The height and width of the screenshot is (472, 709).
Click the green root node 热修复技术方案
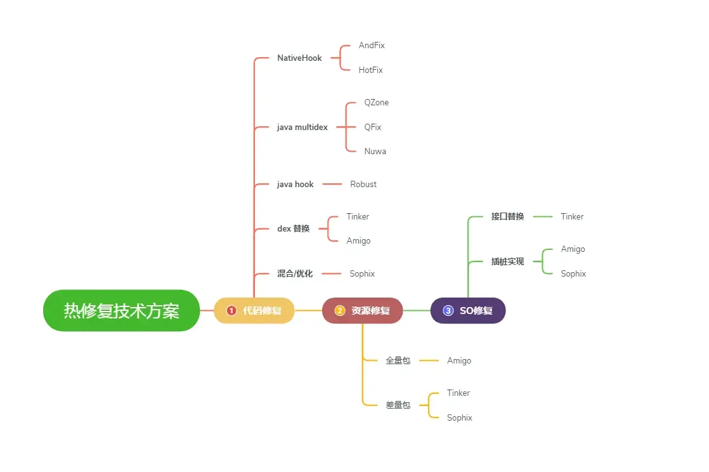coord(121,311)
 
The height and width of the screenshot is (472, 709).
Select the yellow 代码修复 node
coord(254,311)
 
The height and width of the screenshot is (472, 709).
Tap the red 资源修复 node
coord(362,311)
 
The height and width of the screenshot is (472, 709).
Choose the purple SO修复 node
coord(468,311)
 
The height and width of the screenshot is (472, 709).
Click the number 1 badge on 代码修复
coord(231,311)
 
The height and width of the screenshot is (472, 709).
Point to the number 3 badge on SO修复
coord(448,311)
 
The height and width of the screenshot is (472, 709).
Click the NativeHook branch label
coord(299,58)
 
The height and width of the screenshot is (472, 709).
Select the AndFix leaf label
coord(372,46)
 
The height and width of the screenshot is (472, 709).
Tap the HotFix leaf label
coord(370,70)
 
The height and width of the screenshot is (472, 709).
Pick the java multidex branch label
coord(302,128)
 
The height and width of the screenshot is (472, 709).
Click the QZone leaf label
coord(376,103)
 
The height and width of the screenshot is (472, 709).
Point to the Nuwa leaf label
coord(375,152)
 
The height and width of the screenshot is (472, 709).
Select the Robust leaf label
coord(363,185)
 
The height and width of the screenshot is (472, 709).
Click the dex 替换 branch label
coord(294,229)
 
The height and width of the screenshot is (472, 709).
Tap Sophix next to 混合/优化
coord(362,274)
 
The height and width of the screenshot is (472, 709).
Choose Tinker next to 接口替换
coord(572,217)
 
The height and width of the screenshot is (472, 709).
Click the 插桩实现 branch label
coord(507,261)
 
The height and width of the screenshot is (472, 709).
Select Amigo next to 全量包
coord(459,361)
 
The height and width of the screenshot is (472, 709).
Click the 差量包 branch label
coord(398,405)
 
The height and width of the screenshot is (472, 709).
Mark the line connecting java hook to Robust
coord(332,185)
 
